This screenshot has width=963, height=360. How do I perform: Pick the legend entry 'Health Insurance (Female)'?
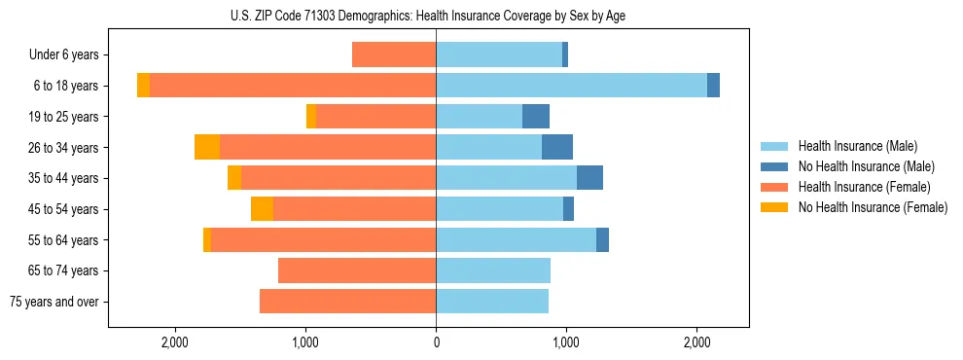(x=865, y=187)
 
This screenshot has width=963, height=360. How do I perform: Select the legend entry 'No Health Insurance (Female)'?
(x=873, y=207)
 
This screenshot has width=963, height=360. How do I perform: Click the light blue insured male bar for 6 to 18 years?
(x=571, y=86)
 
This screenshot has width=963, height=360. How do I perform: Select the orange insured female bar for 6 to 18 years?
(x=292, y=86)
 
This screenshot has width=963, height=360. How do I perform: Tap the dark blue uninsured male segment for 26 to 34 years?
(x=557, y=147)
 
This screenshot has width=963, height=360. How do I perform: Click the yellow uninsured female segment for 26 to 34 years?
(x=207, y=147)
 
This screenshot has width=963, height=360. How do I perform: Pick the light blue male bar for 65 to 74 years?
(x=493, y=270)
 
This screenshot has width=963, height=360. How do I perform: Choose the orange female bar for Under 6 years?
(x=394, y=54)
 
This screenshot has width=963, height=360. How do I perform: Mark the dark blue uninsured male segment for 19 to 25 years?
(x=536, y=117)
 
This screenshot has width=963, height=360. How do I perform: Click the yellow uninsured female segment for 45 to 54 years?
(x=263, y=209)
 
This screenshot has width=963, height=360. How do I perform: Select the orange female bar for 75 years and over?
(x=347, y=302)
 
